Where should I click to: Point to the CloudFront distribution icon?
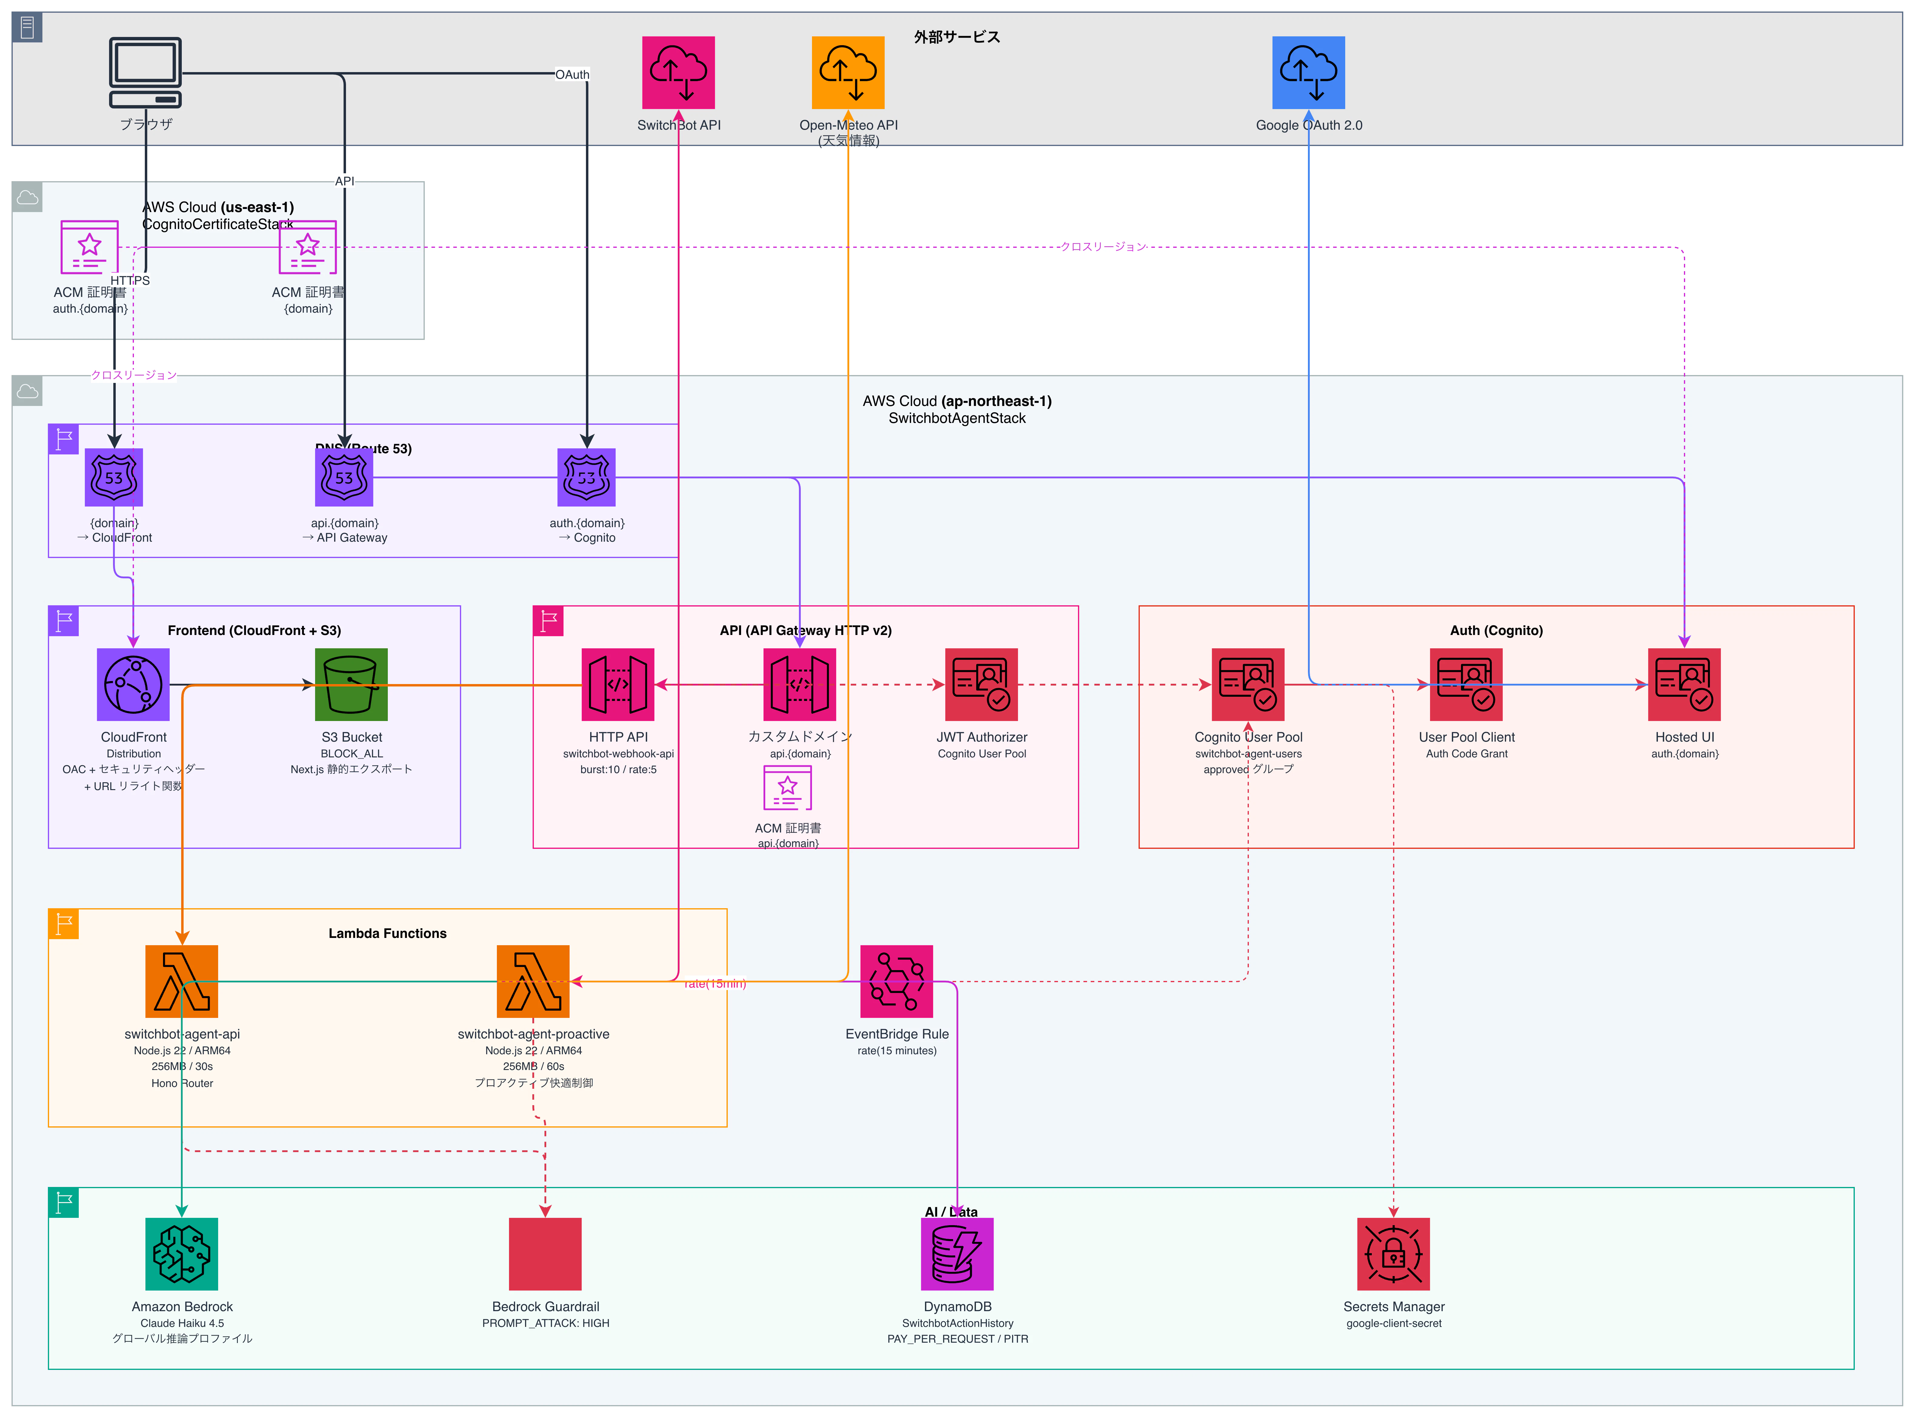coord(133,685)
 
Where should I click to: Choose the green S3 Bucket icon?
coord(351,685)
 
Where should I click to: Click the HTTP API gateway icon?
coord(617,685)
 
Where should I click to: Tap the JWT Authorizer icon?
coord(981,685)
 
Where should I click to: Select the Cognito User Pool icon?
coord(1248,685)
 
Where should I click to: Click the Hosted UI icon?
coord(1684,685)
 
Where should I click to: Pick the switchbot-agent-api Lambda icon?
coord(181,981)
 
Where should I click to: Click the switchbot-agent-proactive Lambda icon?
coord(532,981)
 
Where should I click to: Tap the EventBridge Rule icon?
coord(896,981)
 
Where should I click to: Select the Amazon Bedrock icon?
coord(181,1254)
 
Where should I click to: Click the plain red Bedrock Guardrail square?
coord(545,1254)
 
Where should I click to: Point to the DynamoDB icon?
coord(957,1254)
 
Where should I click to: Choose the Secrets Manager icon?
coord(1393,1254)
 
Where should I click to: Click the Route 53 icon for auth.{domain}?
coord(587,477)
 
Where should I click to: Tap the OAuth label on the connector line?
coord(572,75)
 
